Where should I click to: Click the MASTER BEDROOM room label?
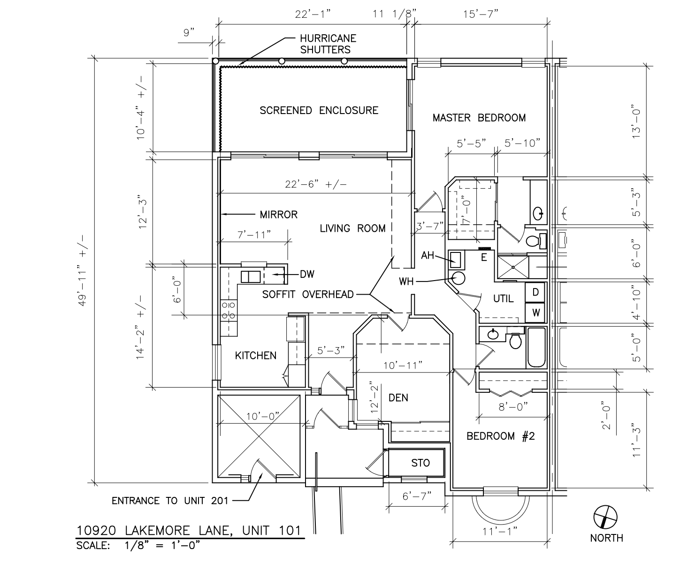[x=479, y=118]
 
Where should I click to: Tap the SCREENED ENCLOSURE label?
[x=319, y=111]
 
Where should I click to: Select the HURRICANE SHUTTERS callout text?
[x=325, y=44]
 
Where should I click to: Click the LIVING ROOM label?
[x=352, y=229]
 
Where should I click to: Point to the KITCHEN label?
[x=256, y=356]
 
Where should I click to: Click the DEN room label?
[x=398, y=398]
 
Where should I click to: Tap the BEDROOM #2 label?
[x=500, y=436]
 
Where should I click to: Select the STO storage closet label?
[x=420, y=463]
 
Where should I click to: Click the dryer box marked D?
[x=535, y=292]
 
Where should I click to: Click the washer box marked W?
[x=535, y=312]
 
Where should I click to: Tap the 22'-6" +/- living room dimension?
[x=317, y=185]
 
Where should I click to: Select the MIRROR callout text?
[x=279, y=215]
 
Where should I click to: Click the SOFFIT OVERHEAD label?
[x=307, y=295]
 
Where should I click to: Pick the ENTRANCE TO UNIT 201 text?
[x=169, y=501]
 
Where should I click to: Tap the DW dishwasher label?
[x=307, y=274]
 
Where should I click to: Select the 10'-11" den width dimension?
[x=403, y=365]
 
